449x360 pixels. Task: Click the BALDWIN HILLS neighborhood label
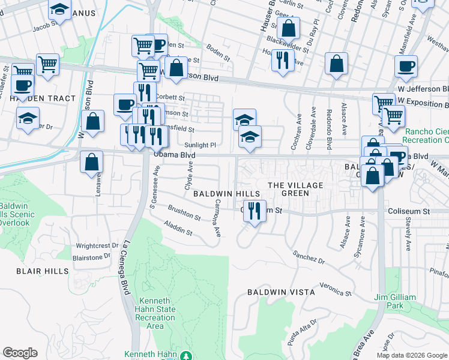click(x=226, y=194)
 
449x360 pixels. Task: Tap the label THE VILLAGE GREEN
click(x=295, y=189)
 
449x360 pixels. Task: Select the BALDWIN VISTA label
click(x=281, y=292)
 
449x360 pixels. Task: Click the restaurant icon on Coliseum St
click(x=254, y=211)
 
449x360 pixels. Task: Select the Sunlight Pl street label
click(x=200, y=145)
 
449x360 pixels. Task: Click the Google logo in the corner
click(x=20, y=353)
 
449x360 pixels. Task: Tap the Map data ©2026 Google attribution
click(x=412, y=355)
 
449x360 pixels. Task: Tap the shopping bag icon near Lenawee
click(x=91, y=162)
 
